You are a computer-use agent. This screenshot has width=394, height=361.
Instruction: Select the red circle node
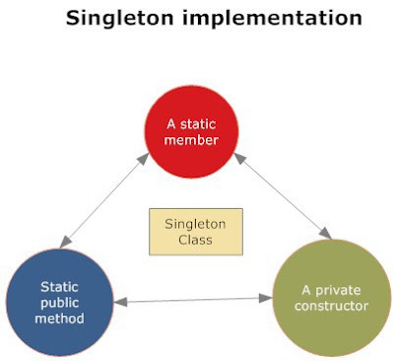click(x=194, y=132)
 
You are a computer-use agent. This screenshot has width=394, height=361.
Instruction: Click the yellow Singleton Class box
click(x=195, y=232)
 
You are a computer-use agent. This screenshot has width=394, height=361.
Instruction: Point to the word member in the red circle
click(x=194, y=141)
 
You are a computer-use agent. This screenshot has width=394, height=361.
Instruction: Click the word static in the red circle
click(x=202, y=123)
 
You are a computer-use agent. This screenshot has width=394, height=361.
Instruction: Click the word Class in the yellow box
click(x=195, y=241)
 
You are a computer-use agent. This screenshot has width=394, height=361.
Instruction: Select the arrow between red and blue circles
click(x=104, y=199)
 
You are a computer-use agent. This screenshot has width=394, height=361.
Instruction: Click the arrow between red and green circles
click(x=282, y=195)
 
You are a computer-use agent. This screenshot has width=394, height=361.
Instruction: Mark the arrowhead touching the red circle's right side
click(x=237, y=157)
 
